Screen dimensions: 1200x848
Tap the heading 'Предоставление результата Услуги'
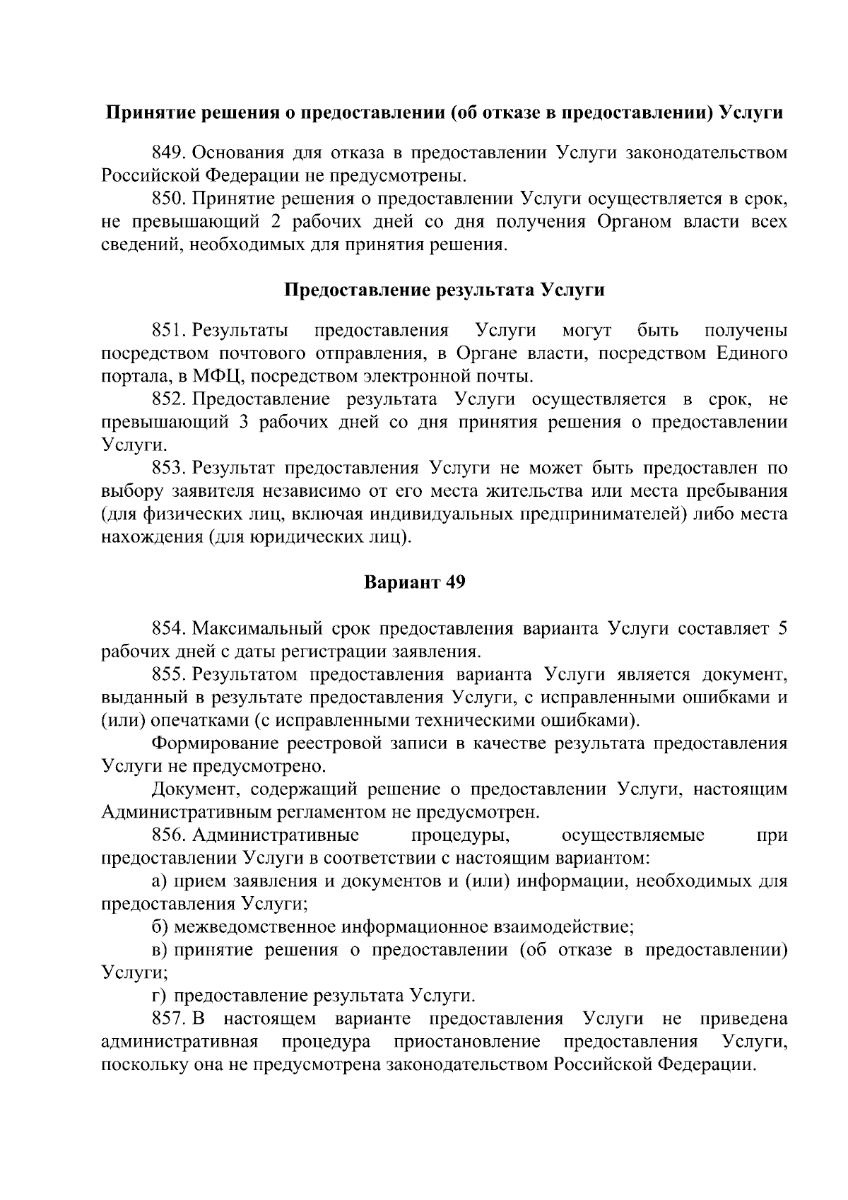(444, 290)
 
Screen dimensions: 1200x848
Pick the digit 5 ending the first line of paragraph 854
(782, 628)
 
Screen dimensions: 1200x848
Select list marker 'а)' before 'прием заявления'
(160, 881)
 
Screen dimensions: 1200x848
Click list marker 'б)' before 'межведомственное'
(160, 927)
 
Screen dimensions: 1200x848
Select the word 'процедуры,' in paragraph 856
(460, 835)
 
